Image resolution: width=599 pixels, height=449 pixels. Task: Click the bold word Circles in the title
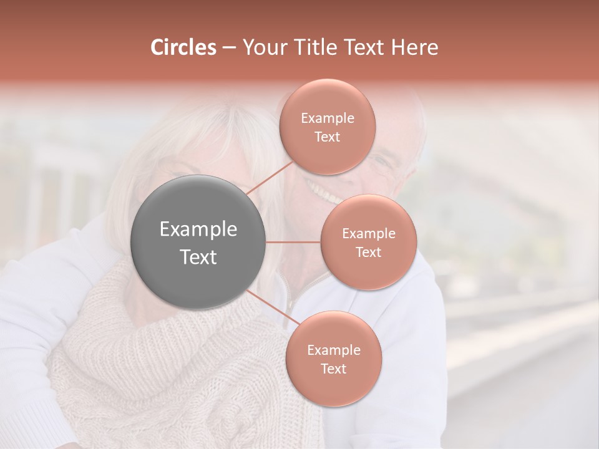coord(183,47)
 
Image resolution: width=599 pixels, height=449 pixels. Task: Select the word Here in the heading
coord(415,47)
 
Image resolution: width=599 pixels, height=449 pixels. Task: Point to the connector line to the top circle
coord(270,178)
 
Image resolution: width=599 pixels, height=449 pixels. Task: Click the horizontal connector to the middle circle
coord(293,242)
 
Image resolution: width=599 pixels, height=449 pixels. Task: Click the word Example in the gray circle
coord(198,229)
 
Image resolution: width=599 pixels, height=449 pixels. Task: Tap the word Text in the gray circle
coord(198,257)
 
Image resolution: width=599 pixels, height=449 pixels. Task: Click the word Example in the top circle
coord(328,118)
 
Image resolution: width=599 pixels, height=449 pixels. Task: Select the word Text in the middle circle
coord(368,252)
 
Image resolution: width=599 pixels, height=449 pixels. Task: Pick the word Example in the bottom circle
coord(333,350)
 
